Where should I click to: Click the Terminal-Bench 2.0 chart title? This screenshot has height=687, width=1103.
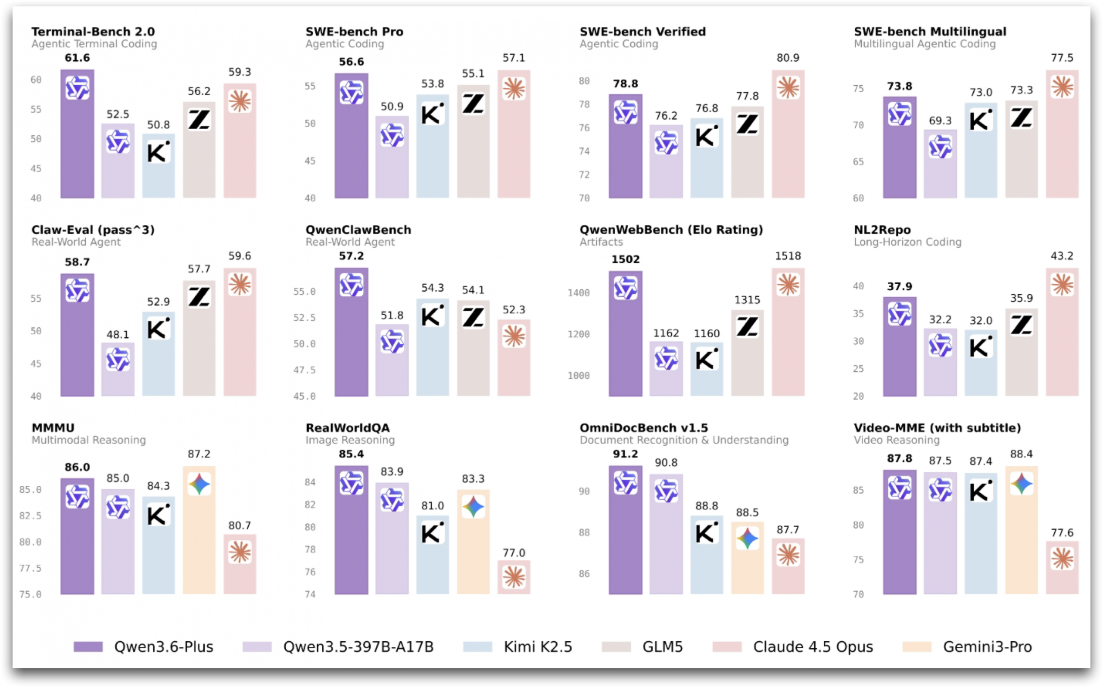pyautogui.click(x=93, y=32)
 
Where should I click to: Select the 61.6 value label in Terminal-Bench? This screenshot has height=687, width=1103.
pyautogui.click(x=77, y=58)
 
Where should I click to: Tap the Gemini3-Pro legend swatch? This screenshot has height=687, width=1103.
pyautogui.click(x=917, y=647)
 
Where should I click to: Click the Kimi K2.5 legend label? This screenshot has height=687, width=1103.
pyautogui.click(x=538, y=647)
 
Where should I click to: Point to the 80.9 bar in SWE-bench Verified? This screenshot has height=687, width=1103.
pyautogui.click(x=788, y=136)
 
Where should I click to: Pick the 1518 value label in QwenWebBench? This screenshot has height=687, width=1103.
pyautogui.click(x=788, y=256)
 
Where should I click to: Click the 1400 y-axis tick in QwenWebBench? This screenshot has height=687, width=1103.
pyautogui.click(x=579, y=293)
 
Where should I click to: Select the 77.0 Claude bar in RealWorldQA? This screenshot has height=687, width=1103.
pyautogui.click(x=514, y=577)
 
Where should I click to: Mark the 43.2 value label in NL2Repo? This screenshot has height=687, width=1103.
pyautogui.click(x=1062, y=256)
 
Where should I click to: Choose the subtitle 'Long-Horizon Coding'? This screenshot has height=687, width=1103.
pyautogui.click(x=907, y=242)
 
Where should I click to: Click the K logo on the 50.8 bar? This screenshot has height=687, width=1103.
pyautogui.click(x=158, y=152)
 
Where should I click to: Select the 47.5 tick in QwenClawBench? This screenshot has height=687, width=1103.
pyautogui.click(x=305, y=370)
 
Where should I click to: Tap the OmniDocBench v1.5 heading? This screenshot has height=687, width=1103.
pyautogui.click(x=644, y=428)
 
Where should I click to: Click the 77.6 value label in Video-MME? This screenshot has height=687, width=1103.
pyautogui.click(x=1062, y=532)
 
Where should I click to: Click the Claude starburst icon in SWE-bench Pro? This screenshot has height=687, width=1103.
pyautogui.click(x=514, y=89)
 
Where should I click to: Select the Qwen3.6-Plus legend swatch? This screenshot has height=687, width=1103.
pyautogui.click(x=88, y=647)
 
